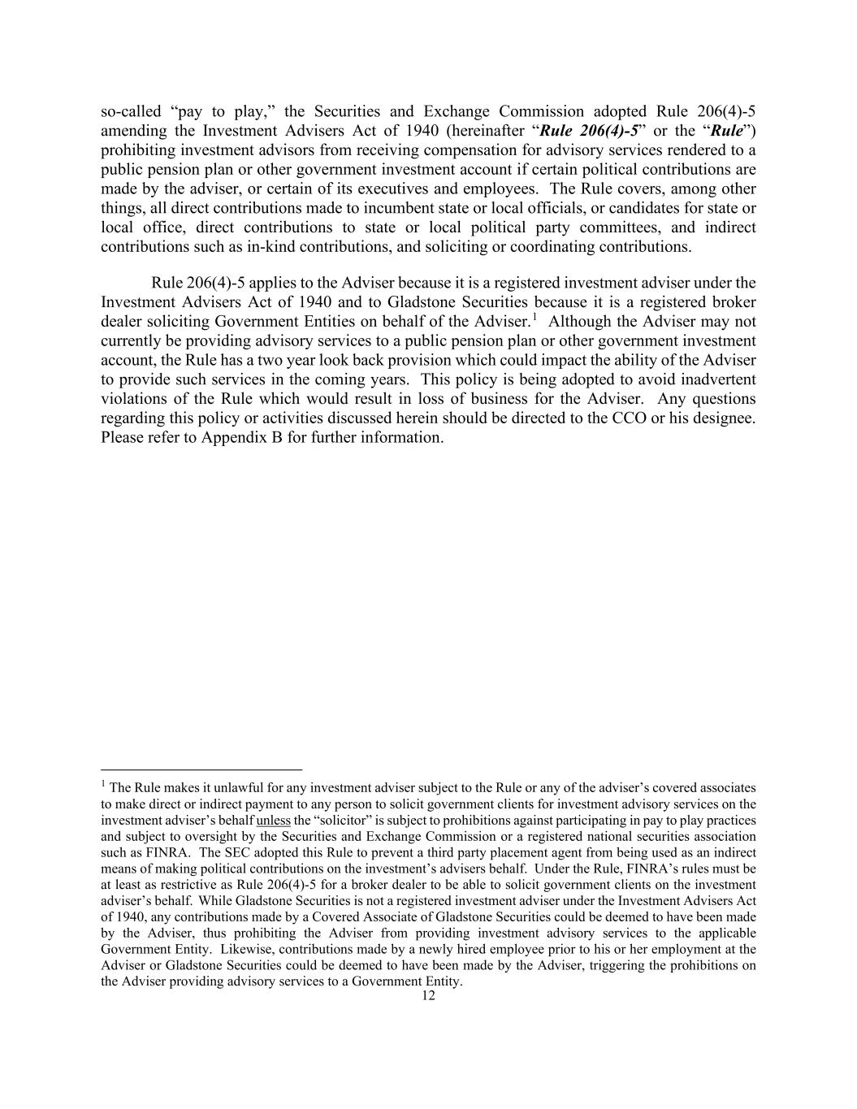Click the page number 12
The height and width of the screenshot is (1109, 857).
(x=428, y=996)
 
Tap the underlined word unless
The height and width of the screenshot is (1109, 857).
(x=273, y=821)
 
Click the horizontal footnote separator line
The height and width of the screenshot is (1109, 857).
(x=201, y=769)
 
